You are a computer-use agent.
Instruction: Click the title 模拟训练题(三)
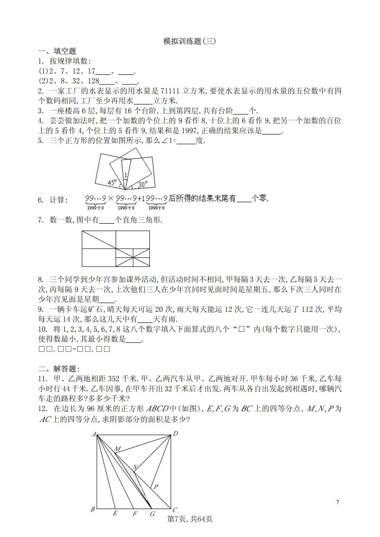[x=189, y=41]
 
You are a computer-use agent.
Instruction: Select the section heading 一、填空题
[x=58, y=51]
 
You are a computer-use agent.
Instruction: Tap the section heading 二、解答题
[x=58, y=368]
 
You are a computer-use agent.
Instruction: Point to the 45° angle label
[x=111, y=183]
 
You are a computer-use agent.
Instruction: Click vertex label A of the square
[x=93, y=434]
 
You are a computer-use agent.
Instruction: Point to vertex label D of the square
[x=176, y=434]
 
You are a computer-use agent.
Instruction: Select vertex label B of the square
[x=93, y=509]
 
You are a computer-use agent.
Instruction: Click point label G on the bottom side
[x=153, y=513]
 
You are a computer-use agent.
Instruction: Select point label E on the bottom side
[x=116, y=513]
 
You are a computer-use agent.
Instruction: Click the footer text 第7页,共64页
[x=189, y=519]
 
